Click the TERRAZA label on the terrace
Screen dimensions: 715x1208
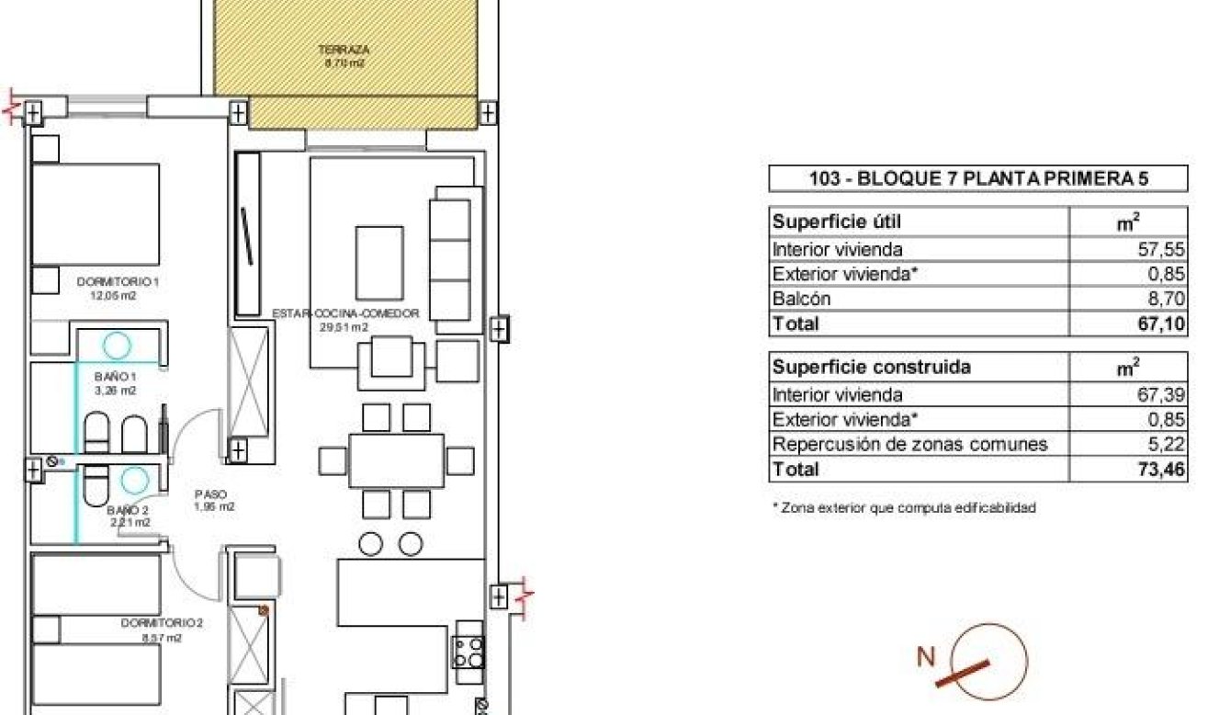(331, 50)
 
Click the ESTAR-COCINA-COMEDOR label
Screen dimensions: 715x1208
(345, 313)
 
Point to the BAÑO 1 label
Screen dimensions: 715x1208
(116, 377)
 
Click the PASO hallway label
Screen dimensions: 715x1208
(209, 494)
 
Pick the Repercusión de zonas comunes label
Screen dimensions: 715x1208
(909, 445)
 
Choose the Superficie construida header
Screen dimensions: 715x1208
(871, 368)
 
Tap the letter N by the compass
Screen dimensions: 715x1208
(927, 657)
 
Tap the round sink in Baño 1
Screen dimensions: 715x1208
(117, 345)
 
